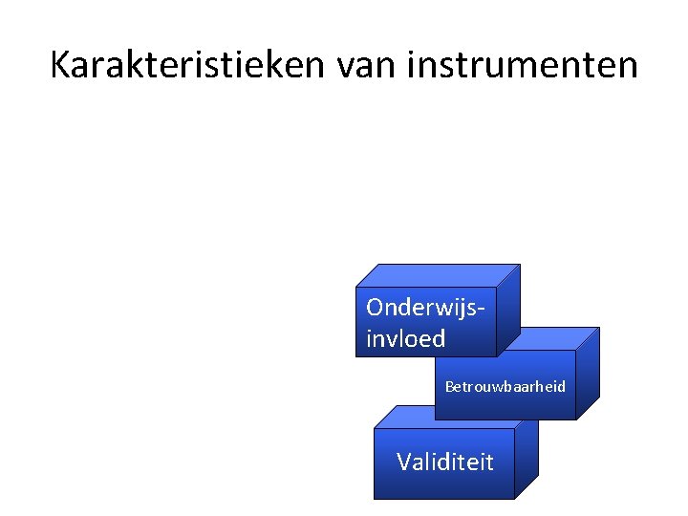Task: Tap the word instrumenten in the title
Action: (x=522, y=65)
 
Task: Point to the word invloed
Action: (x=405, y=338)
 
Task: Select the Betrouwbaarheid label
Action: (x=505, y=387)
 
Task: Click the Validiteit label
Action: (x=445, y=462)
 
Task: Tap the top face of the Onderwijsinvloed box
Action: (x=440, y=275)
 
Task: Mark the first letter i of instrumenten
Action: (x=414, y=65)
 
